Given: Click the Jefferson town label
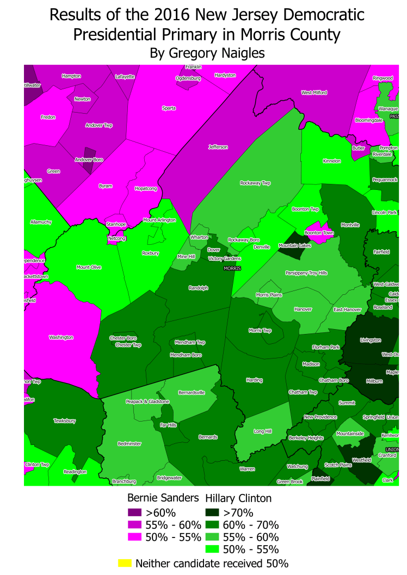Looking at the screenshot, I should [x=218, y=147].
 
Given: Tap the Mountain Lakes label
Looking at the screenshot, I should [x=295, y=246].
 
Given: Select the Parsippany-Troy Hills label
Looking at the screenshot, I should [x=306, y=273].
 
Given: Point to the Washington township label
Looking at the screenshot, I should [x=61, y=338].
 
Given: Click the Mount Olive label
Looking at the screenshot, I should [x=89, y=267].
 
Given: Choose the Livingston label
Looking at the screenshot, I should [x=371, y=341].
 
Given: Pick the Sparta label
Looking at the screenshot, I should [x=169, y=108].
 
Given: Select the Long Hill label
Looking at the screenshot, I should [x=263, y=431].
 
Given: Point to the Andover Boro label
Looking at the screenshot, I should [x=89, y=160].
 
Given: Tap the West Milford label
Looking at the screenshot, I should [x=314, y=93].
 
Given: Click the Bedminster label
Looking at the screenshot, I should [x=129, y=444].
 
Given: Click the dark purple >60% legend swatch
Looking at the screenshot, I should [x=134, y=512].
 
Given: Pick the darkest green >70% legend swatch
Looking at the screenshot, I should [x=213, y=512].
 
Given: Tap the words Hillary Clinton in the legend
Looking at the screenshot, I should [x=238, y=498].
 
